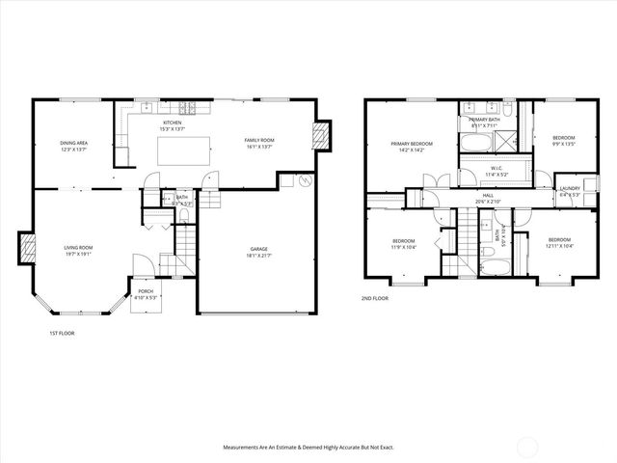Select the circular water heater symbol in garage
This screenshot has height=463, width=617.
(306, 179)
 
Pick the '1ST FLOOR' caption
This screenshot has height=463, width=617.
(62, 333)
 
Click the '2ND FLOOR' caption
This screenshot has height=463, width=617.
(377, 299)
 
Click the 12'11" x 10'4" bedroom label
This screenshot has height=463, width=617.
(560, 242)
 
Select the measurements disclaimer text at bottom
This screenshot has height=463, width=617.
(308, 448)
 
